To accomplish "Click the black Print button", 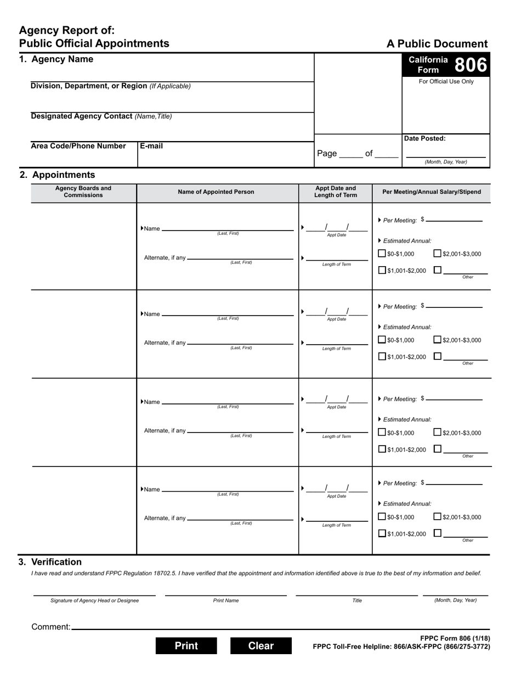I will (186, 646).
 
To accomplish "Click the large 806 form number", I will (470, 65).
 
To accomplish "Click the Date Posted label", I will (425, 139).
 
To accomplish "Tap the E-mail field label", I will (151, 146).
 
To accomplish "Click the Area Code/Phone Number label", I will (78, 146).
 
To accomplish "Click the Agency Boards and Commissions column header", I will (83, 192).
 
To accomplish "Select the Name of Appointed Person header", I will (216, 192).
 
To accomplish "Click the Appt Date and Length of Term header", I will (335, 192).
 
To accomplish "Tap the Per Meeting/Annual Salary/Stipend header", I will (432, 192).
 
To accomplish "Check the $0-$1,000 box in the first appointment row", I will (382, 254).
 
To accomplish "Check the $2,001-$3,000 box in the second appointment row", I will (437, 340).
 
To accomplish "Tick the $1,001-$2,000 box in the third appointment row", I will (382, 449).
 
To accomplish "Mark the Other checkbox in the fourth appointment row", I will (437, 532).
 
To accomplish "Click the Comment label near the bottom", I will (51, 627).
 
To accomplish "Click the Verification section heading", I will (56, 562).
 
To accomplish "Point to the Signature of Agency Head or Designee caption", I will (94, 600).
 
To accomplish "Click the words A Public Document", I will (437, 44).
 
